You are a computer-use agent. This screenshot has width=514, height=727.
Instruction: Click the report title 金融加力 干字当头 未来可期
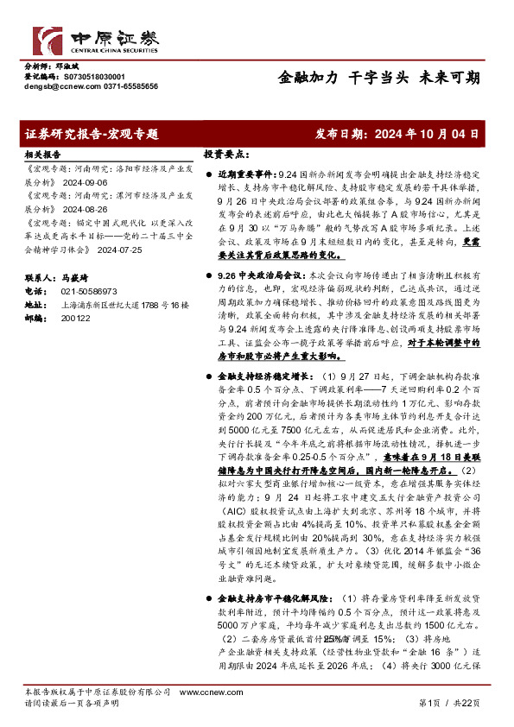point(379,77)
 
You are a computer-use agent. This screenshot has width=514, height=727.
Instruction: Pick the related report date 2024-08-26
point(85,208)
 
